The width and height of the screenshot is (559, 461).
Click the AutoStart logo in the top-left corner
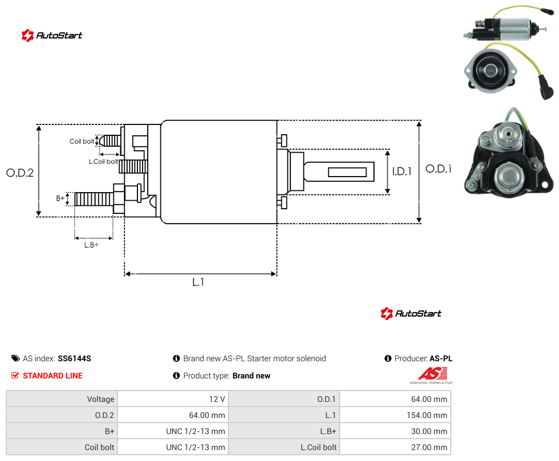(x=52, y=36)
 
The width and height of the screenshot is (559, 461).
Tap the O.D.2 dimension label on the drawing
(x=20, y=173)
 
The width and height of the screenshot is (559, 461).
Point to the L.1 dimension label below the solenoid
(x=198, y=282)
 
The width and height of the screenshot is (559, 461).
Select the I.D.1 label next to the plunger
(x=402, y=171)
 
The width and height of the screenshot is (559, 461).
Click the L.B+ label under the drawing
(x=92, y=245)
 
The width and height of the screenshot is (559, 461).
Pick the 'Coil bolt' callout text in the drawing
(x=82, y=141)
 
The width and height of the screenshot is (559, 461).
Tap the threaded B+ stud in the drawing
(x=94, y=199)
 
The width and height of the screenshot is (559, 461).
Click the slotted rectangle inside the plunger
(x=347, y=172)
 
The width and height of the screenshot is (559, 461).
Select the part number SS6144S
(x=74, y=358)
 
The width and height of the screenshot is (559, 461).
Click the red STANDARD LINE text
(x=53, y=376)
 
